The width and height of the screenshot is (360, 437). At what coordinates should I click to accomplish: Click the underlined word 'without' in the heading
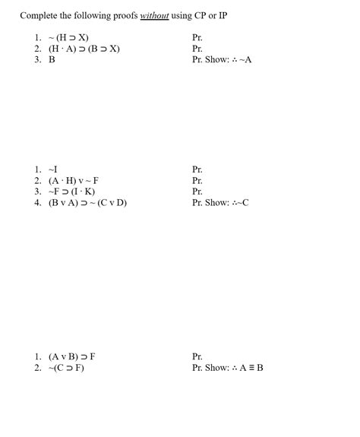(x=154, y=15)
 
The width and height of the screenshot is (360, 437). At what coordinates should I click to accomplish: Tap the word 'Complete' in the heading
(x=39, y=15)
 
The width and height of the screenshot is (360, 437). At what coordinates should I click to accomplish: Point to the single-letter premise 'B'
(x=52, y=59)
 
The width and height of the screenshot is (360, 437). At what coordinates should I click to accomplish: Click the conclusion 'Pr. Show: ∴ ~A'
(x=222, y=59)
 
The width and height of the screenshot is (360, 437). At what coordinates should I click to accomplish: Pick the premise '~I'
(x=52, y=169)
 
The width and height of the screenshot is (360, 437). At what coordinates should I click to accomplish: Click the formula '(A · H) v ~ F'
(x=74, y=180)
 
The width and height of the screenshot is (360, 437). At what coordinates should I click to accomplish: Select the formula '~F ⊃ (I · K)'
(x=71, y=192)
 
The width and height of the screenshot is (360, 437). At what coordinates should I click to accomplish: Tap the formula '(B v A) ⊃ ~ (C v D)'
(x=87, y=203)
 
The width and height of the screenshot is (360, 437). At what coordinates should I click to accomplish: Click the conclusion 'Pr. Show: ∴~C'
(x=221, y=203)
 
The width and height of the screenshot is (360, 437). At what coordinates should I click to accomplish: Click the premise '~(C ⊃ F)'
(x=66, y=367)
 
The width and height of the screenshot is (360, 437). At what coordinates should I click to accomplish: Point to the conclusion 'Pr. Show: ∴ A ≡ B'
(x=228, y=367)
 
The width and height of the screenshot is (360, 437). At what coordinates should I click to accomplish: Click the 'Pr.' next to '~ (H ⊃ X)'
(x=198, y=36)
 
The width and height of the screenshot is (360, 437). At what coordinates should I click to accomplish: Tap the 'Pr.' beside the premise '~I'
(x=198, y=169)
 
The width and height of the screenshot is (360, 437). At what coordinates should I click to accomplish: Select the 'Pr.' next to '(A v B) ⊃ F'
(x=198, y=356)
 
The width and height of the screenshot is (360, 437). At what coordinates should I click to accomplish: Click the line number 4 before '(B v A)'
(x=37, y=203)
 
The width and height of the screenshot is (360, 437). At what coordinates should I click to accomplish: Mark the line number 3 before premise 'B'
(x=37, y=59)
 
